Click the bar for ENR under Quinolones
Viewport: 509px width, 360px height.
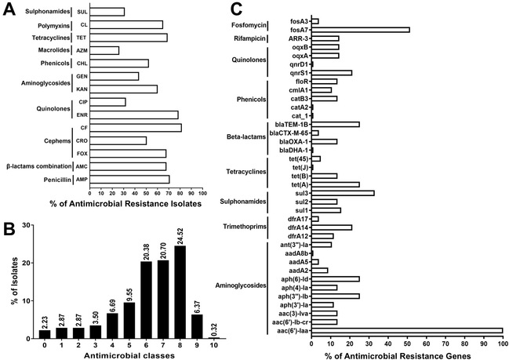coord(134,115)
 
